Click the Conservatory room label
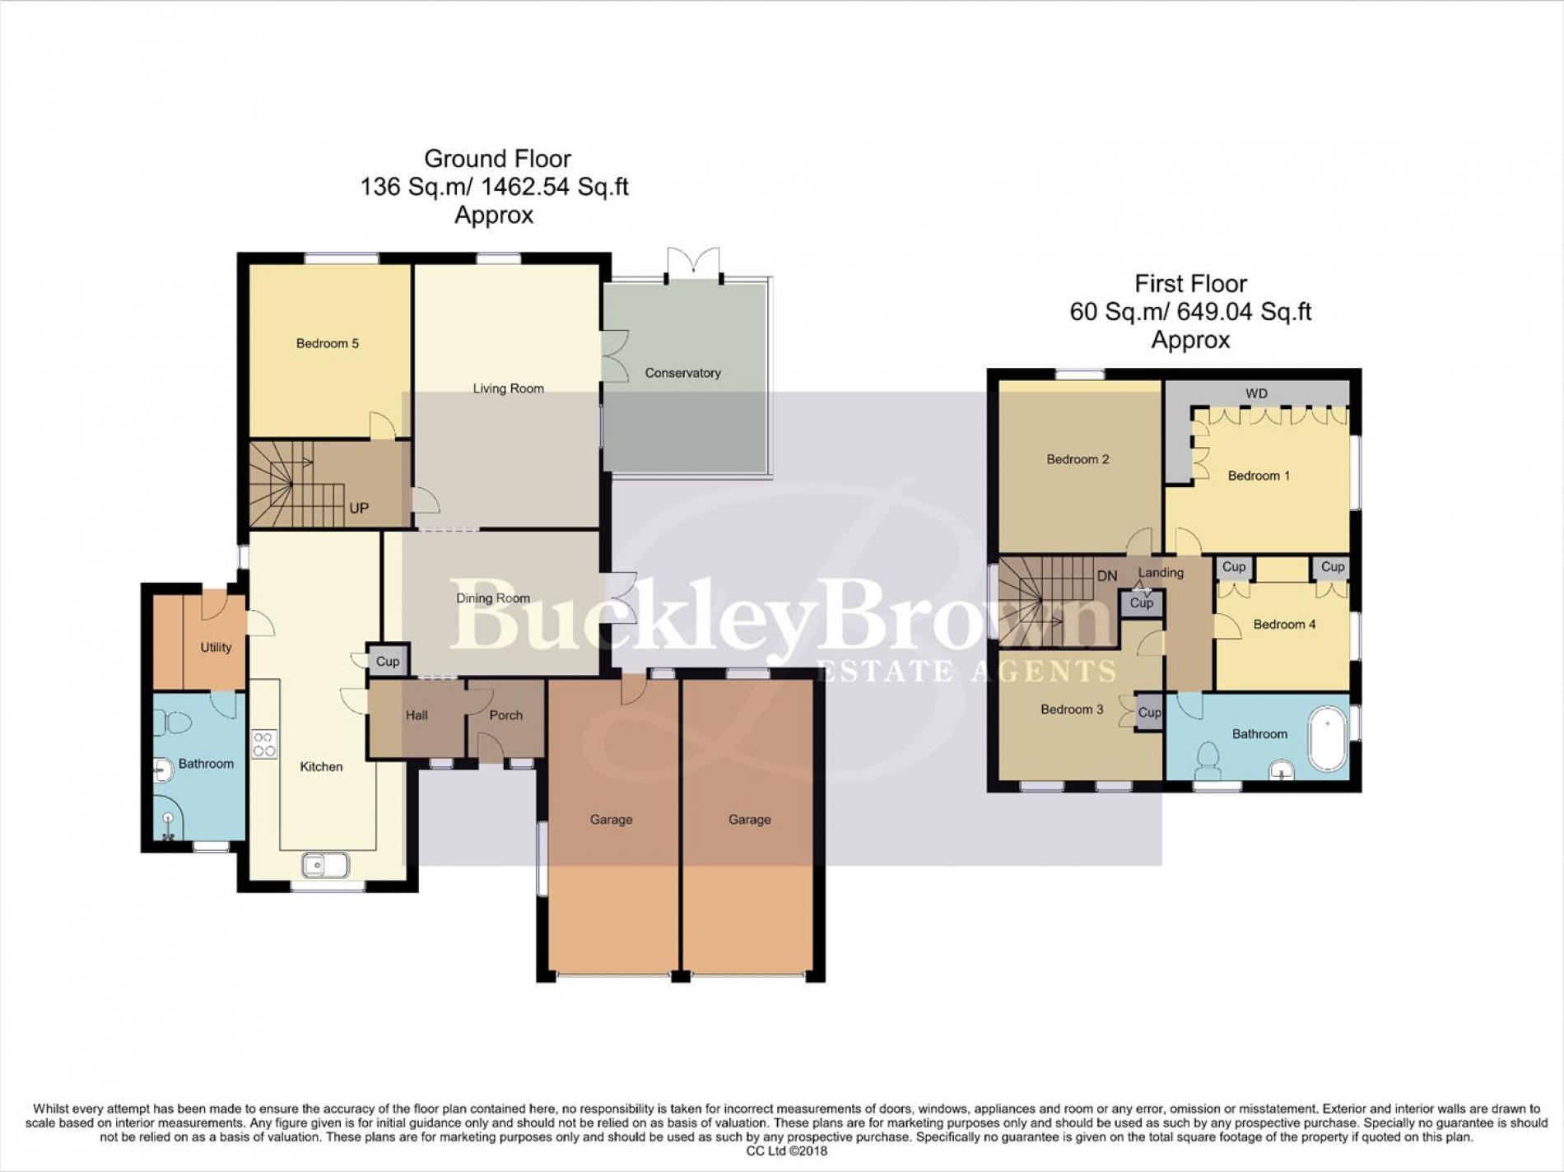coord(682,373)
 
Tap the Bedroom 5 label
coord(327,343)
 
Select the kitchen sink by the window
coord(326,865)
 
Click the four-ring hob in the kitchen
coord(264,744)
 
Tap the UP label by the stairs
coord(359,508)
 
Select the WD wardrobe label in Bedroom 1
coord(1256,393)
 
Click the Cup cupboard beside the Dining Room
coord(388,661)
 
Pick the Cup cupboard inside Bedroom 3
coord(1149,713)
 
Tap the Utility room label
coord(216,647)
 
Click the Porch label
coord(505,715)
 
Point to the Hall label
coord(417,715)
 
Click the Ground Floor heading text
coord(497,158)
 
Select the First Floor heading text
coord(1190,284)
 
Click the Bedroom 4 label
coord(1283,624)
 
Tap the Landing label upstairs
coord(1160,572)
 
